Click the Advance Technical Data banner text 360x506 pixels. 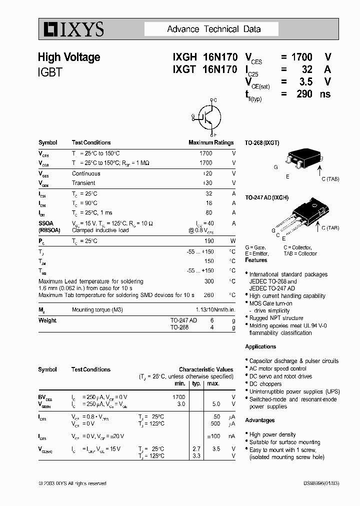213,29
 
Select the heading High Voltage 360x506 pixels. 69,57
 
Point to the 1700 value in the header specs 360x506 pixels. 302,57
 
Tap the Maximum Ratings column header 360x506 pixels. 211,142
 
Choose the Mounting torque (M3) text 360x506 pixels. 97,310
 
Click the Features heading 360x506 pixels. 256,260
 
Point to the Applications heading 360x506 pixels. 260,346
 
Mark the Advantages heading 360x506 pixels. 260,420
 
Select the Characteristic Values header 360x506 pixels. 206,369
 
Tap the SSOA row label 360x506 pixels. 45,223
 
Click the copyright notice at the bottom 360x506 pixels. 72,483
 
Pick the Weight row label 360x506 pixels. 47,320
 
